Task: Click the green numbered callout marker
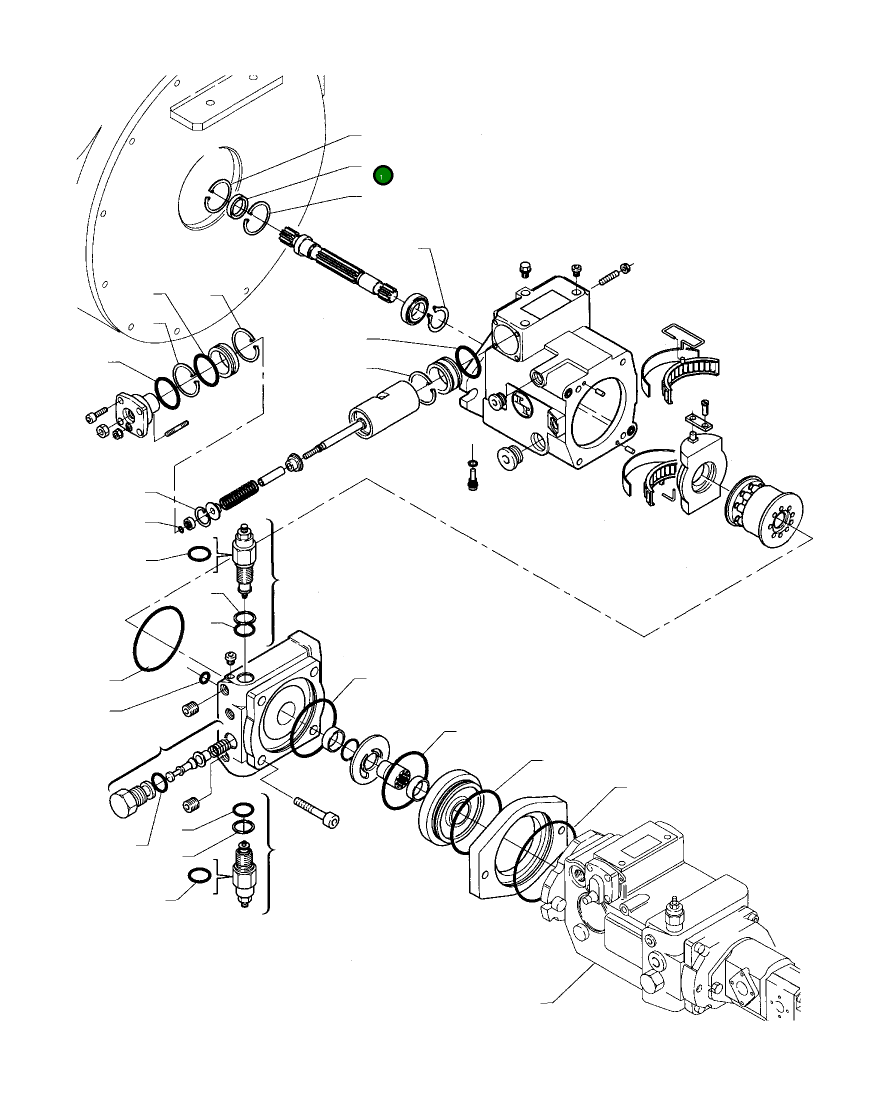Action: coord(382,176)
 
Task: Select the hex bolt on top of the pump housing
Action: coord(525,269)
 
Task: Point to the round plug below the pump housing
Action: coord(509,457)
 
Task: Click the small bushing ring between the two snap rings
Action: coord(238,207)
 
